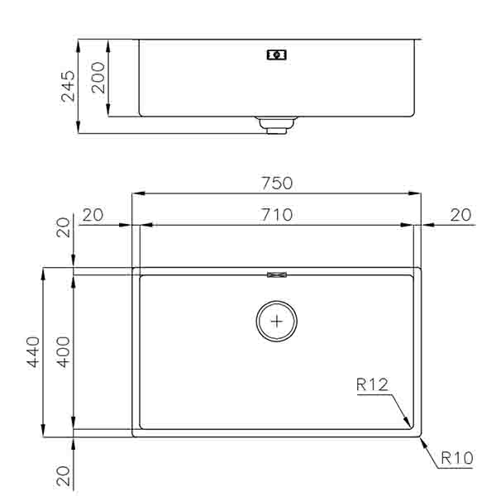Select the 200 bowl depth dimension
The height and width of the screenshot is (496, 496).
(98, 78)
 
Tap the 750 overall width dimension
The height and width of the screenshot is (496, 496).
(277, 183)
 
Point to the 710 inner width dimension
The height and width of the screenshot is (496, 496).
(277, 215)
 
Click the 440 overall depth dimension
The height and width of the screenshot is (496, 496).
(34, 352)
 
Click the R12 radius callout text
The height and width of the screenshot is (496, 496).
(372, 384)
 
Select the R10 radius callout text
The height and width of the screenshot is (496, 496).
(456, 456)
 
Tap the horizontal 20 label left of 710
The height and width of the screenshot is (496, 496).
(93, 215)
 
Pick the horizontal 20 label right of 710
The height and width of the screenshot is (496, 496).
(460, 215)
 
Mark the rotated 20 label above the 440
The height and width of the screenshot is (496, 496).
(64, 227)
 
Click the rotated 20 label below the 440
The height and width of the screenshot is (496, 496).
(64, 475)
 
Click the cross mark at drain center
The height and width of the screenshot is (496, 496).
(277, 320)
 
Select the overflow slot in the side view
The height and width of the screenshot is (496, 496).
(277, 55)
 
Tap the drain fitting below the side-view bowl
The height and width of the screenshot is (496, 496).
(276, 125)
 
